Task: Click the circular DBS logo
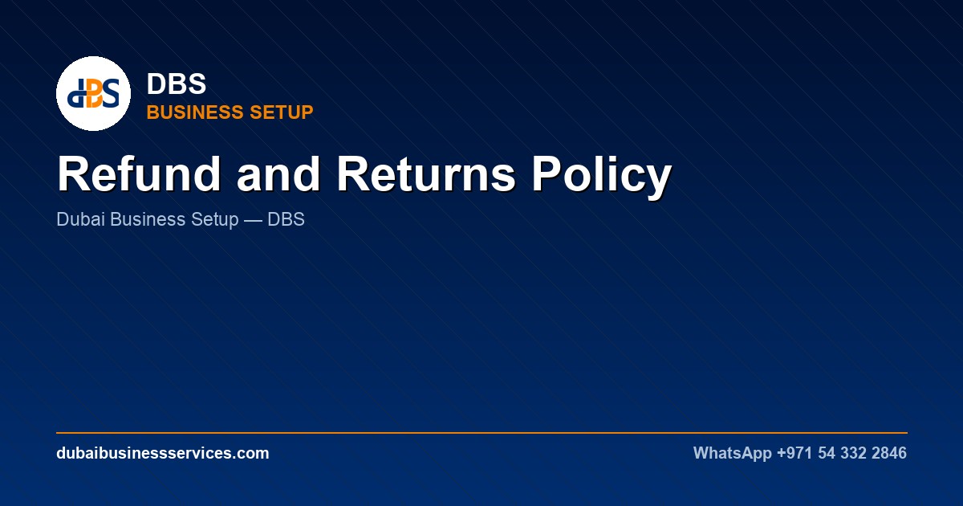pos(93,93)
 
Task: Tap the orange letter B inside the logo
pos(95,93)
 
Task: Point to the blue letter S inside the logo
pos(111,93)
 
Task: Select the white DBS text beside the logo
pos(177,84)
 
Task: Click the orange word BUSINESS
pos(196,112)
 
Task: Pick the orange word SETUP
pos(282,112)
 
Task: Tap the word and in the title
pos(278,174)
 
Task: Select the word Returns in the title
pos(426,174)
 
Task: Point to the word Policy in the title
pos(601,177)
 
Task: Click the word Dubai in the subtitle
pos(81,219)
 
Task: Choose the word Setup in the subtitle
pos(214,220)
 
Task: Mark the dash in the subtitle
pos(253,220)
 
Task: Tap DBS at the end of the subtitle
pos(286,219)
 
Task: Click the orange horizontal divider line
pos(482,432)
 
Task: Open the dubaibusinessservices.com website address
pos(162,453)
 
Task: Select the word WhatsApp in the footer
pos(732,454)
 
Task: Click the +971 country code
pos(794,453)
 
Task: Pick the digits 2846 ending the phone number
pos(889,453)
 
